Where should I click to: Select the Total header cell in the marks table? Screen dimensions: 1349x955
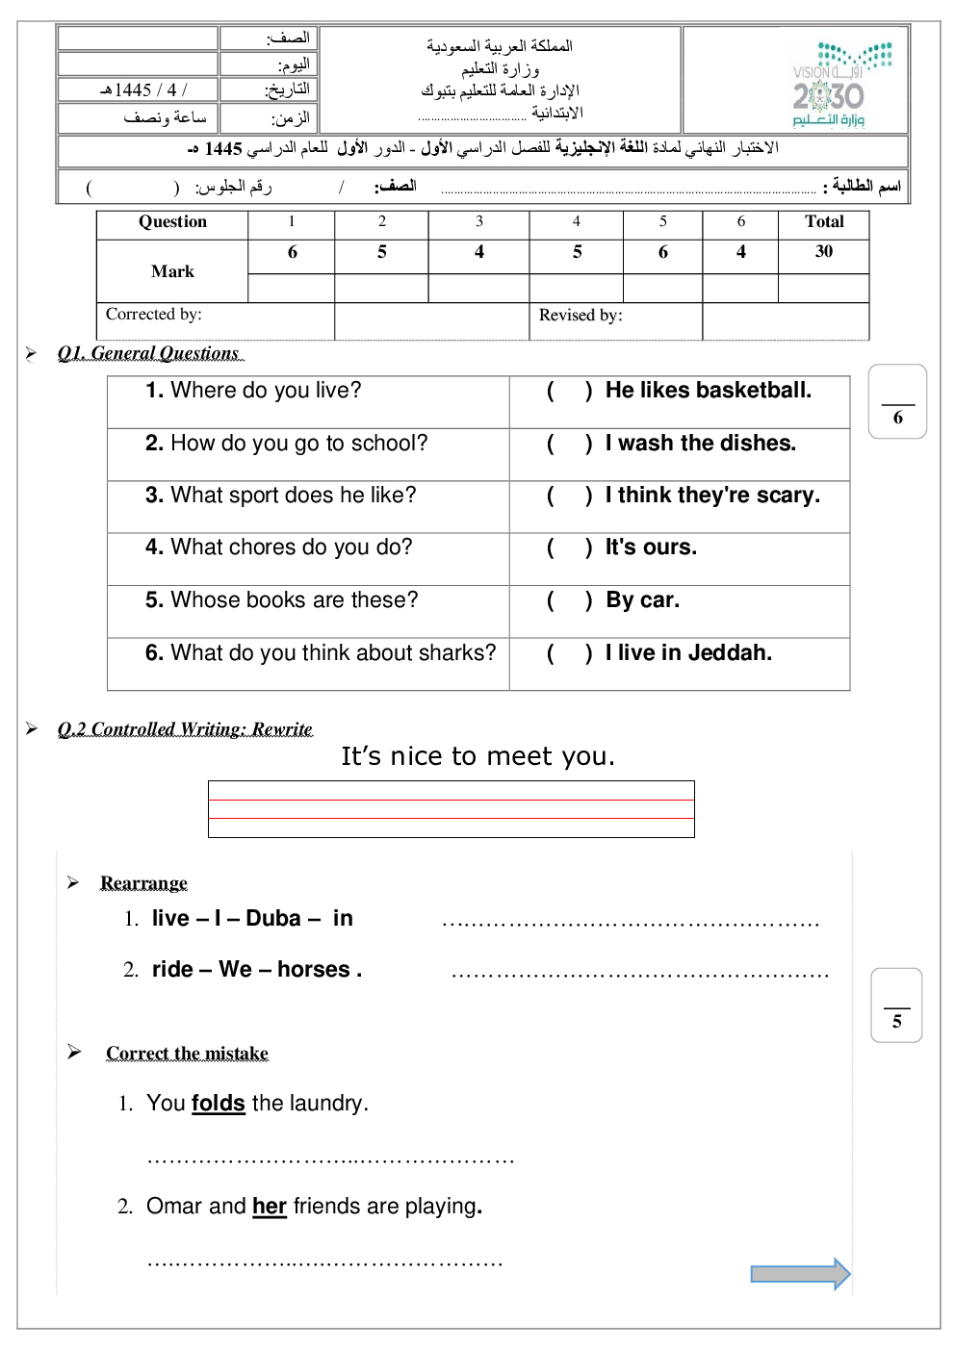click(824, 222)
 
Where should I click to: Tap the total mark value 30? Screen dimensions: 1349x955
click(824, 252)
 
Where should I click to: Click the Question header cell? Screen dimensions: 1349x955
click(172, 222)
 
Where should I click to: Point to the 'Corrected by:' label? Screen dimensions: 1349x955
click(154, 315)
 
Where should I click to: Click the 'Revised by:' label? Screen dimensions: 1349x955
click(581, 316)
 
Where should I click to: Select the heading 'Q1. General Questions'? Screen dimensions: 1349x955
click(148, 353)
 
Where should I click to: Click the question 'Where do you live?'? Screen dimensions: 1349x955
click(254, 391)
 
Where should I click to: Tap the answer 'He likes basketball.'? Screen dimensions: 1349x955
click(708, 391)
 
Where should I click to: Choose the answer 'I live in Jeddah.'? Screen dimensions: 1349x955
click(688, 653)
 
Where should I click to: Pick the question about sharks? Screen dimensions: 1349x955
click(322, 653)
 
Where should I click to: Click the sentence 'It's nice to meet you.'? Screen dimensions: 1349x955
click(477, 756)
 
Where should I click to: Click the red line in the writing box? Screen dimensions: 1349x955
click(451, 818)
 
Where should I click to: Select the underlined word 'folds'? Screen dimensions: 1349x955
click(219, 1104)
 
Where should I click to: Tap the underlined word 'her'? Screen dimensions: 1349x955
click(270, 1207)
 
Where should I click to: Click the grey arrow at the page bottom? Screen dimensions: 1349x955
click(800, 1274)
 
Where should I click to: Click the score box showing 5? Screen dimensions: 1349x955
click(896, 1005)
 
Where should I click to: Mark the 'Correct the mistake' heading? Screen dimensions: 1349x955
click(187, 1054)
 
